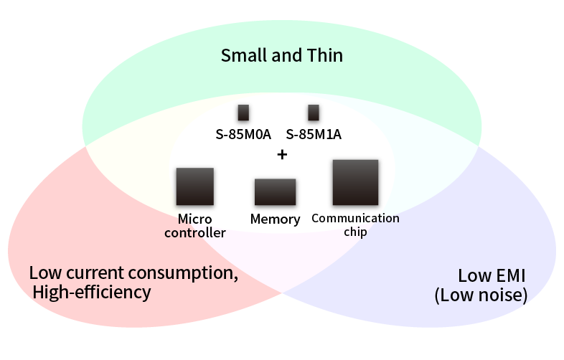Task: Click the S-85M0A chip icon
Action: (x=243, y=113)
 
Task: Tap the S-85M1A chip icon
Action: (x=313, y=113)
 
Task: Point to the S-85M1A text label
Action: (x=314, y=133)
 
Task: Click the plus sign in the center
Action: (x=282, y=154)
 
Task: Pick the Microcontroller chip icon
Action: (x=194, y=186)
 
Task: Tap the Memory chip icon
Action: (x=275, y=192)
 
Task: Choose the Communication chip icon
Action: (x=355, y=183)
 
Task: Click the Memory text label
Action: (x=275, y=219)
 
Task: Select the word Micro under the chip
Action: (x=194, y=219)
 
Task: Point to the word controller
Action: (x=195, y=232)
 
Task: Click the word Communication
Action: (x=355, y=218)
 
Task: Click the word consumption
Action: (x=189, y=273)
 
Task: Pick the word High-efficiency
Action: (x=92, y=292)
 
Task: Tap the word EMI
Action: (x=510, y=276)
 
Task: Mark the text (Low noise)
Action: (x=481, y=295)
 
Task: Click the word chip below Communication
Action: (x=355, y=232)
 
